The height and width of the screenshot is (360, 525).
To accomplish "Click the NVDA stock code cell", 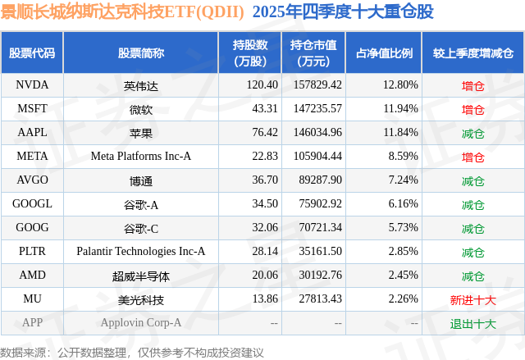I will point(32,84).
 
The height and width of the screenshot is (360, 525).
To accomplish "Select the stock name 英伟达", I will point(141,84).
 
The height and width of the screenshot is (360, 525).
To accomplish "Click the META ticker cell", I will point(32,156).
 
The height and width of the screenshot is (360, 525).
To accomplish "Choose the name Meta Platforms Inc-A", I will point(141,156).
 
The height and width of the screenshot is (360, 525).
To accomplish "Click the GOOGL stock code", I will point(32,203).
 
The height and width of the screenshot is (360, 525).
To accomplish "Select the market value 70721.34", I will point(317,227).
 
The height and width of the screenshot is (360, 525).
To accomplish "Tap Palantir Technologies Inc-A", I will point(141,251).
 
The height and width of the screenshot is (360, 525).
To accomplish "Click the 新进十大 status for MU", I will point(472,299).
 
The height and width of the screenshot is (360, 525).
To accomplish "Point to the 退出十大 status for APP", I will point(472,323).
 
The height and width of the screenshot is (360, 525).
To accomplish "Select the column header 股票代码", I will point(32,53).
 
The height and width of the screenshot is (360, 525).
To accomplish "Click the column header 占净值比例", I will point(384,53).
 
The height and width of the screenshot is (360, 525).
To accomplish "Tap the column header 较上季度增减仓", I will point(472,53).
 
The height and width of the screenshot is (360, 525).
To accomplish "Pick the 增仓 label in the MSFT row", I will point(472,108).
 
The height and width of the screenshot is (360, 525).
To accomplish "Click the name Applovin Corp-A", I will point(141,323).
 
